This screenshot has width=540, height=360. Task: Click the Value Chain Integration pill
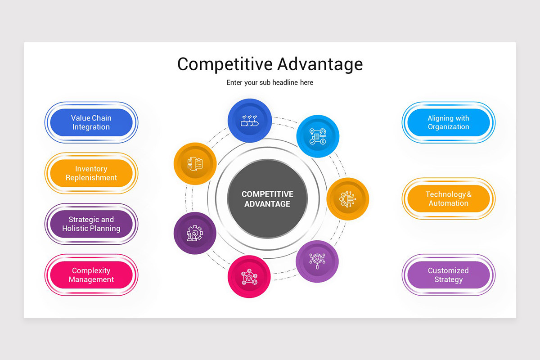pos(91,122)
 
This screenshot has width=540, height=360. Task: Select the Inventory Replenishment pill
pos(91,173)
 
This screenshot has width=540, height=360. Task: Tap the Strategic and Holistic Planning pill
pos(91,224)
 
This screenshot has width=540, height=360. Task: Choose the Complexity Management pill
pos(91,275)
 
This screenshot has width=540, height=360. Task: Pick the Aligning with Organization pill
pos(448,122)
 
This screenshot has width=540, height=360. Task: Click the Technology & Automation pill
pos(448,198)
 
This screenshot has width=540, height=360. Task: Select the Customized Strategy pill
pos(448,275)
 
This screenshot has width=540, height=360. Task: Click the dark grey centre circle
pos(267,199)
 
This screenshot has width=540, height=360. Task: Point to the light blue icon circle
pos(318,136)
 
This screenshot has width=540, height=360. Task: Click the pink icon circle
pos(249,276)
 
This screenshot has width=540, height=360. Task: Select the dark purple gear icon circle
pos(195,233)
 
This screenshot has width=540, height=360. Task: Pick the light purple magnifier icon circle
pos(317,261)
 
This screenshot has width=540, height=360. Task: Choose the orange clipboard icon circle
pos(195,164)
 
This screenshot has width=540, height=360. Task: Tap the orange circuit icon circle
pos(347,199)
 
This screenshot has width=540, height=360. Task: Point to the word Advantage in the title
pos(320,64)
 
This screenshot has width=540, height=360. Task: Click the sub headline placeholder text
pos(270,83)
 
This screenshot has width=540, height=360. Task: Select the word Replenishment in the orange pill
pos(91,178)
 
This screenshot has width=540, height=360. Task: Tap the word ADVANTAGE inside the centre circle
pos(267,204)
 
